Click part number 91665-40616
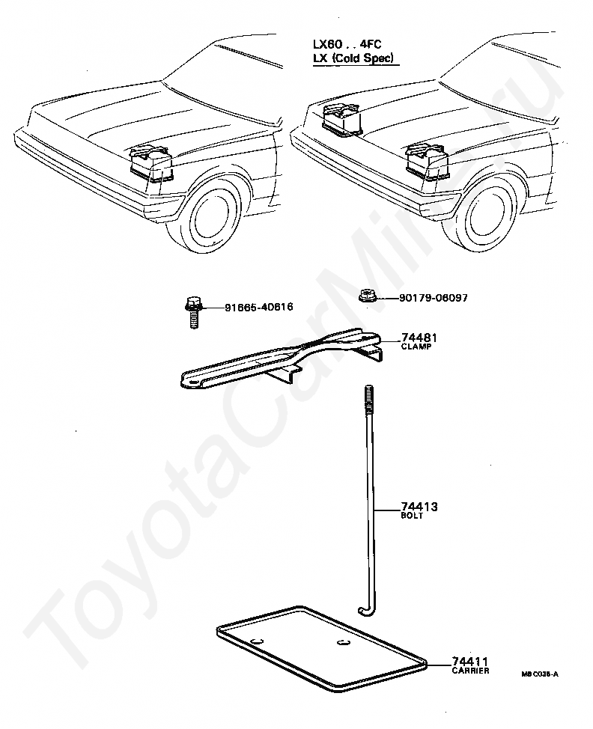click(258, 307)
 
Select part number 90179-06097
click(433, 298)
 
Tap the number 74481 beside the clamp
click(419, 338)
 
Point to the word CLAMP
click(416, 347)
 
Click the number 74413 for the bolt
click(419, 507)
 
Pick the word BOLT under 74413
click(412, 516)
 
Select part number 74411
click(470, 662)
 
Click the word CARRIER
click(470, 671)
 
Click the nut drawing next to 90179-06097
click(367, 297)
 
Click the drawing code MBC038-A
click(540, 674)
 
